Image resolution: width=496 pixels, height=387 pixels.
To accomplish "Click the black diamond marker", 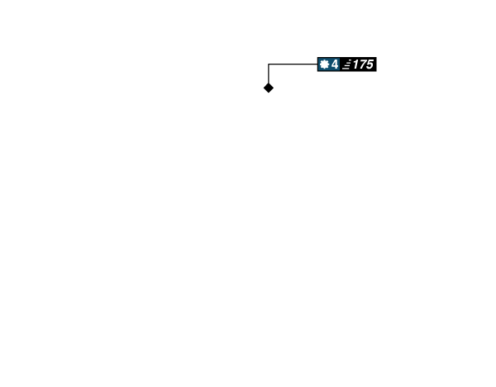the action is (x=269, y=88).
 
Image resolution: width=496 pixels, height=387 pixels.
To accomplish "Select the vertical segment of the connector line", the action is (x=269, y=74).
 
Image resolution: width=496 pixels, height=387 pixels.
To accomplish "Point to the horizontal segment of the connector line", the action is (x=293, y=64).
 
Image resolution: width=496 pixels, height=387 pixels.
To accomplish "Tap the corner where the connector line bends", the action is (x=269, y=64).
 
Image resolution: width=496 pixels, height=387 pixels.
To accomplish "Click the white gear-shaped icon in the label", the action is (x=324, y=64).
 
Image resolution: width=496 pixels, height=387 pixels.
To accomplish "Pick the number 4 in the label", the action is (x=335, y=64).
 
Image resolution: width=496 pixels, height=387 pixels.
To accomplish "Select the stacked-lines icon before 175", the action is (x=347, y=64).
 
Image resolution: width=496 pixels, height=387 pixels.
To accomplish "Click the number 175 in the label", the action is (x=363, y=64).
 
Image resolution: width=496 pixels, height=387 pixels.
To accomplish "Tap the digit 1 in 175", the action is (x=355, y=64).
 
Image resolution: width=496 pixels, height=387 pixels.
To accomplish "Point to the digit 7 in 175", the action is (x=362, y=64).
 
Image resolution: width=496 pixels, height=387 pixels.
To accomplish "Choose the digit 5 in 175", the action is (x=370, y=64).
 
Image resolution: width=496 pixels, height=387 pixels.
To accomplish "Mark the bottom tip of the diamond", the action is (x=269, y=93).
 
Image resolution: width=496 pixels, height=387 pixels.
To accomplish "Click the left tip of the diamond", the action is (x=264, y=88).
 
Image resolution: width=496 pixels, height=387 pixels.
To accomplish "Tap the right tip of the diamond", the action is (x=274, y=88).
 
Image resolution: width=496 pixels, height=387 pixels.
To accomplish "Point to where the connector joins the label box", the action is (x=317, y=64).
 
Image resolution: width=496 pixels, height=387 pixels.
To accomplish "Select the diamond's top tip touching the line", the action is (x=269, y=83).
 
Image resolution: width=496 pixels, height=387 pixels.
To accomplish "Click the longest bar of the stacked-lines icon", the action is (x=346, y=69).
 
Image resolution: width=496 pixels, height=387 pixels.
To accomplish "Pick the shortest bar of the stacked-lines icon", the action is (x=350, y=60).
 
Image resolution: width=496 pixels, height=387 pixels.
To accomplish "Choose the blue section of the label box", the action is (x=329, y=64).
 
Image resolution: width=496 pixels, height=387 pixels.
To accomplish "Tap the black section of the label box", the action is (x=358, y=64).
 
